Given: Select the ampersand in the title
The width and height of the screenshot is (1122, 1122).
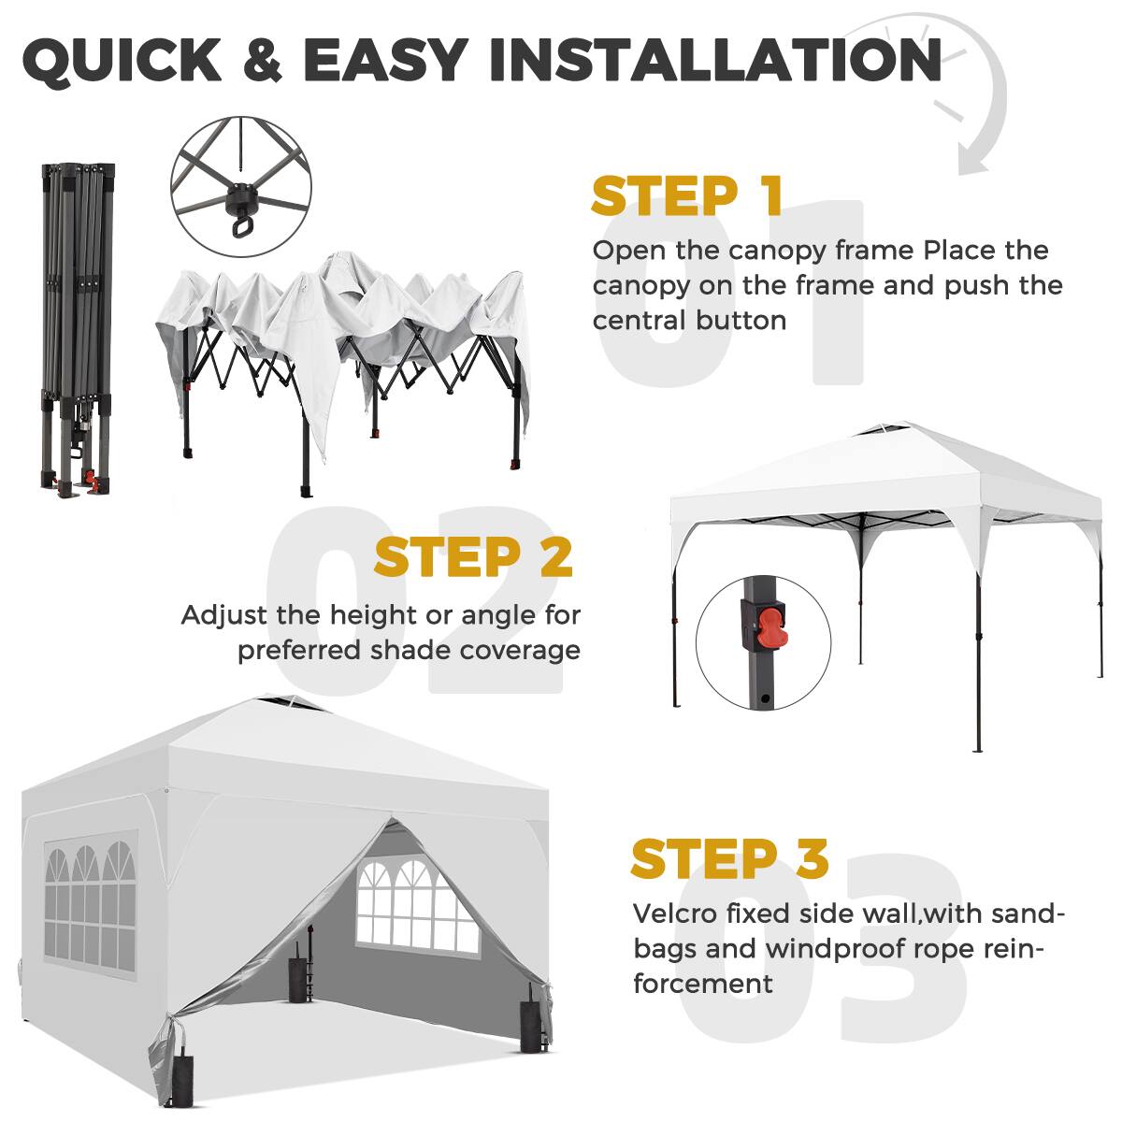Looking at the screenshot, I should click(x=261, y=59).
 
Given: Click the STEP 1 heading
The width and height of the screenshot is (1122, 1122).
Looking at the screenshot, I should click(x=686, y=196).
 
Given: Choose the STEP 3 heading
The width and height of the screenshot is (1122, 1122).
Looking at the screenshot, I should click(x=729, y=858).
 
